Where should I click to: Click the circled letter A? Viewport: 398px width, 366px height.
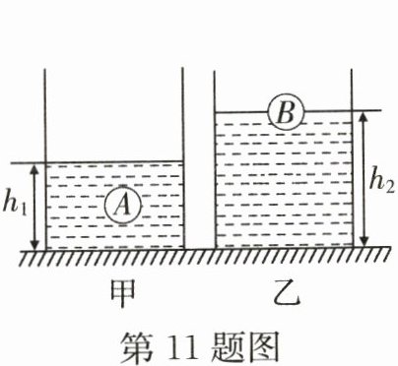(x=122, y=205)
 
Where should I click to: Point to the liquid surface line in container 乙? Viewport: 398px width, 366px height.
(x=246, y=112)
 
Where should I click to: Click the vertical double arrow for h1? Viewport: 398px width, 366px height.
(x=35, y=207)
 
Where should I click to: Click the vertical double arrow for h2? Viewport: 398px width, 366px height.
(x=365, y=180)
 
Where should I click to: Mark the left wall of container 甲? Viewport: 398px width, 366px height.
(x=45, y=157)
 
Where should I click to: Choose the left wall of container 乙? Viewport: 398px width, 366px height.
(x=215, y=157)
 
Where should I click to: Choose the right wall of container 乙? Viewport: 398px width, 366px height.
(x=352, y=157)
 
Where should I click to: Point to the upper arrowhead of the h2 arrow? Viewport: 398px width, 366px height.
(x=365, y=117)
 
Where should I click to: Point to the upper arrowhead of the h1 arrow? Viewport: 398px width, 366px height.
(x=35, y=168)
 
